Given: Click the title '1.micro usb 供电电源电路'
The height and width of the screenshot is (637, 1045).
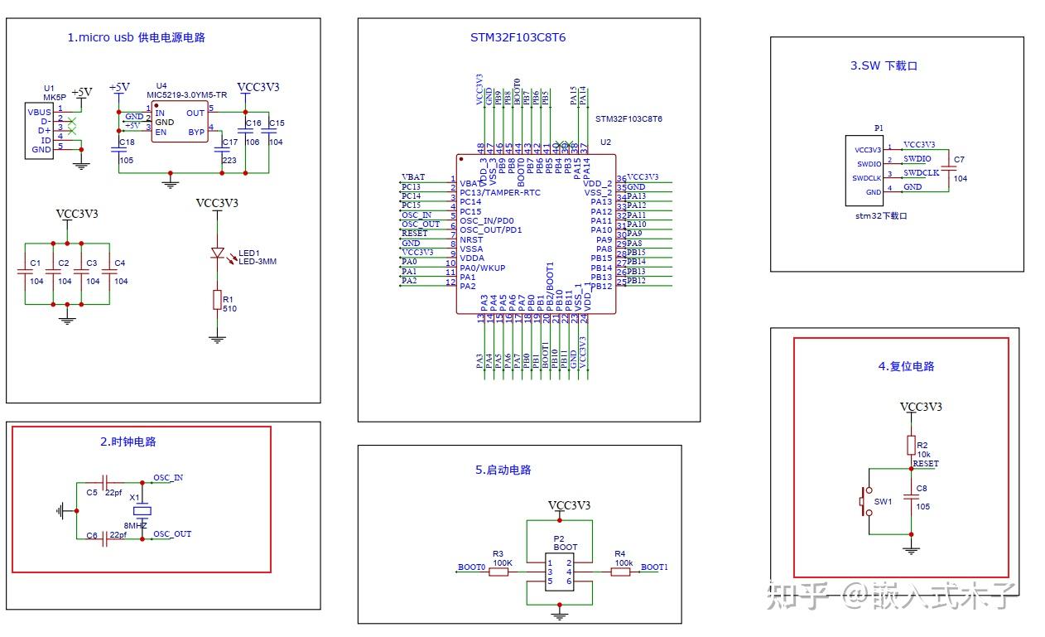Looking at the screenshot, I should pos(136,37).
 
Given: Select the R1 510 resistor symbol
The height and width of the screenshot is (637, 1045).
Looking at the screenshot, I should pos(217,299).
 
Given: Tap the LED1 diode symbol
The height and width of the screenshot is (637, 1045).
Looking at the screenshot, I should pos(218,253).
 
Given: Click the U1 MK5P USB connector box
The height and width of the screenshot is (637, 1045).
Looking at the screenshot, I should pos(39,131).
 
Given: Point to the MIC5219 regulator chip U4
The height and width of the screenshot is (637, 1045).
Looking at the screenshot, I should pos(179,123).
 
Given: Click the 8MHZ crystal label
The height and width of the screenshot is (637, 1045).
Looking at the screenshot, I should pos(136,526).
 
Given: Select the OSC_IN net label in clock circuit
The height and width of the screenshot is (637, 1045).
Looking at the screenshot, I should pos(168,478).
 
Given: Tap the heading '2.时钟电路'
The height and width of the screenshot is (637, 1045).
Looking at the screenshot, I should pos(128,442).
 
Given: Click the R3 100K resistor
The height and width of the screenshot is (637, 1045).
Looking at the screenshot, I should pos(498,572).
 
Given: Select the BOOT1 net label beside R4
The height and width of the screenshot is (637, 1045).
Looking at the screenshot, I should pos(654,567).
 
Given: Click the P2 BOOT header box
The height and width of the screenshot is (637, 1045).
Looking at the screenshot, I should pos(560,572).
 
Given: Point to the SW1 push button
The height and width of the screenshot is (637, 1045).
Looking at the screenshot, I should pos(868,502).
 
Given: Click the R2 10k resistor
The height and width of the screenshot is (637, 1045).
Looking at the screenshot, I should pos(911,445).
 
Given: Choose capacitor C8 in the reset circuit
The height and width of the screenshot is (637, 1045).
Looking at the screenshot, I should pos(911,497).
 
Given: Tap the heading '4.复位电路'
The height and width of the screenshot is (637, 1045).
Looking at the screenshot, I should pos(906,366).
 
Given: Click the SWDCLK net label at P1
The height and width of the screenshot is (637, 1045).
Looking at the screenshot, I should pos(921,173).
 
